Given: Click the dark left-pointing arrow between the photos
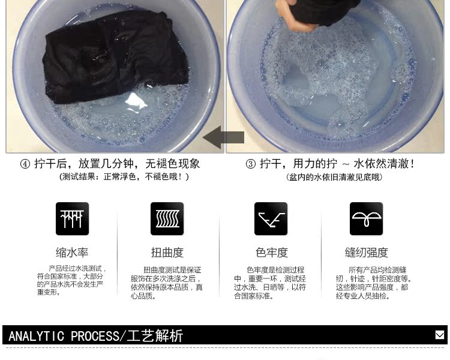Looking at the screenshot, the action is click(x=224, y=137).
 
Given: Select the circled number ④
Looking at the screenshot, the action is click(x=25, y=164).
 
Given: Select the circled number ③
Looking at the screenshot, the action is click(x=251, y=164).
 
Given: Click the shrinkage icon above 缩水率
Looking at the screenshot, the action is click(x=73, y=219).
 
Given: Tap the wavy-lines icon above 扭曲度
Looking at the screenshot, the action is click(x=167, y=219).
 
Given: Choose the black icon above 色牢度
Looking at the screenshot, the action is click(x=271, y=219).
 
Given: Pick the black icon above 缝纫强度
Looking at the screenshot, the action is click(x=366, y=219).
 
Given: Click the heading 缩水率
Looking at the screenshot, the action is click(x=72, y=253).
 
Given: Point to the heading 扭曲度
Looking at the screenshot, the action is click(x=167, y=253).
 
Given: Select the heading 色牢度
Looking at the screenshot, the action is click(x=271, y=253).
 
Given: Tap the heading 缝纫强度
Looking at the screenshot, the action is click(x=367, y=253).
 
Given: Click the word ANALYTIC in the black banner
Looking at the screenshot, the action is click(x=36, y=336).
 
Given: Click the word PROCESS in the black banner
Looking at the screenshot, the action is click(x=95, y=336).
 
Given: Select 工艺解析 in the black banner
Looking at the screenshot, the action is click(x=155, y=336).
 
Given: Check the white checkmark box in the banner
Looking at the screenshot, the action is click(x=440, y=335).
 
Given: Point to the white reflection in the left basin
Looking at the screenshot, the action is click(x=136, y=102).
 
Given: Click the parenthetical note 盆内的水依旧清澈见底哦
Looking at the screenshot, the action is click(x=334, y=177).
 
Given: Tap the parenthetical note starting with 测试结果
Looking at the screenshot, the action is click(x=124, y=176).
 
